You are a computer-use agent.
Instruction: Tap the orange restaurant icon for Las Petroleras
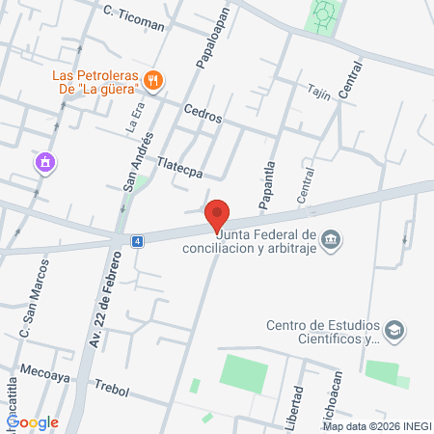point(152,79)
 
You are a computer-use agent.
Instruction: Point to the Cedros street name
point(203,114)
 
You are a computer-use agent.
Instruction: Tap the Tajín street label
point(320,93)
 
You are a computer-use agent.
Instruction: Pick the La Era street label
point(135,118)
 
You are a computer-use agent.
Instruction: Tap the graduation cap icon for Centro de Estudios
point(393,331)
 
